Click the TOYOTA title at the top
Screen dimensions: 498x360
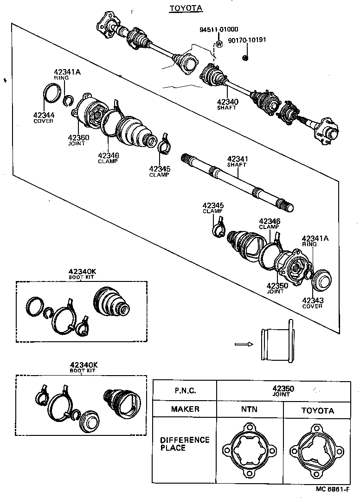coord(179,8)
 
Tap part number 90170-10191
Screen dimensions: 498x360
coord(247,40)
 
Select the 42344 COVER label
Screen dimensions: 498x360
coord(43,118)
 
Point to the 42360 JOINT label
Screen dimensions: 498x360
coord(78,140)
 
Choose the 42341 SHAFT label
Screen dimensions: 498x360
coord(237,161)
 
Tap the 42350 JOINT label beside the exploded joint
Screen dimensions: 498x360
coord(277,288)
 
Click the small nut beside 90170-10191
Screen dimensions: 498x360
coord(245,57)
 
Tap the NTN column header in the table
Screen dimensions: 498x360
coord(249,409)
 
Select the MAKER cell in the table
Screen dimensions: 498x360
coord(185,409)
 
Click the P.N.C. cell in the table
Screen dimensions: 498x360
coord(185,390)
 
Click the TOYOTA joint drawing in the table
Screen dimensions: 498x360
coord(318,450)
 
